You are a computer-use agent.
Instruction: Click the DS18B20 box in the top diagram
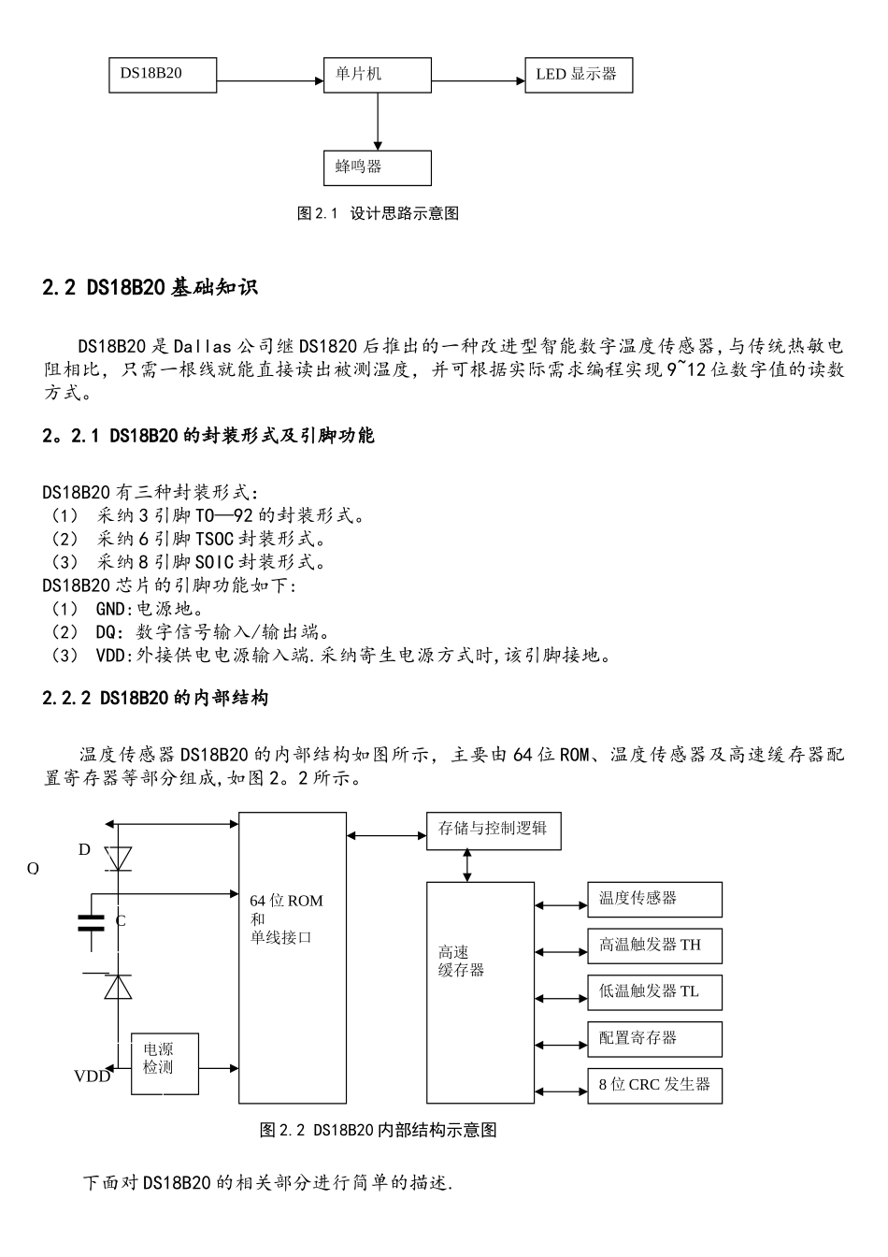point(163,75)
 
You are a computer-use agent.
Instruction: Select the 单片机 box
point(377,75)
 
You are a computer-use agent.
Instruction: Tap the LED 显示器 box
point(579,75)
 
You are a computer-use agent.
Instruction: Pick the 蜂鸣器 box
point(377,167)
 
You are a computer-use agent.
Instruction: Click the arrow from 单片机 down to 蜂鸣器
point(377,121)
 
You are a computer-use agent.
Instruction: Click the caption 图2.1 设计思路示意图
point(378,213)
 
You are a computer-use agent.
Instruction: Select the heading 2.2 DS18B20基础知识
point(150,288)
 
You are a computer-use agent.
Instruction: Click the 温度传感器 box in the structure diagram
point(654,899)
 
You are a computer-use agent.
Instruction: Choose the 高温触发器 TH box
point(654,946)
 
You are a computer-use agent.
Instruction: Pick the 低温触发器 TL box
point(654,992)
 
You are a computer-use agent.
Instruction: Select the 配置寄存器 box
point(654,1038)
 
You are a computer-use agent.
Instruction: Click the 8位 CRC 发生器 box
point(654,1085)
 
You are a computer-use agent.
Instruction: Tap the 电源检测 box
point(165,1063)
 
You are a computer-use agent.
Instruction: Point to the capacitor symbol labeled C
point(92,921)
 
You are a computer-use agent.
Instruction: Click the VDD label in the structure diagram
point(93,1076)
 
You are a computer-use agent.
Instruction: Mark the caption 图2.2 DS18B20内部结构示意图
point(378,1130)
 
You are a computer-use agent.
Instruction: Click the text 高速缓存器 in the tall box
point(462,961)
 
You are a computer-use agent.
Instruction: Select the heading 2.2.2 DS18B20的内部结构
point(155,698)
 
